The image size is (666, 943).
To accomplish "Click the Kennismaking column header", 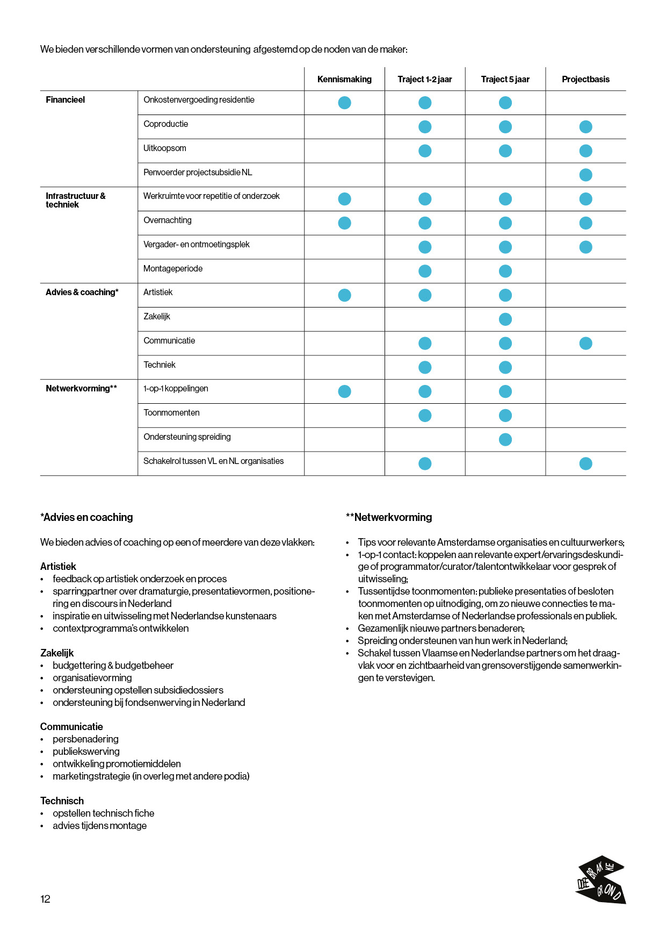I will coord(344,80).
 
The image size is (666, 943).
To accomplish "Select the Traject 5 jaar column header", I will coord(505,80).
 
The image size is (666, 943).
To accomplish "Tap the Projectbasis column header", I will coord(585,80).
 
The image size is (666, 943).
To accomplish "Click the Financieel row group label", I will coord(66,100).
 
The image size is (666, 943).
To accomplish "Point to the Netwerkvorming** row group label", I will coord(81,389).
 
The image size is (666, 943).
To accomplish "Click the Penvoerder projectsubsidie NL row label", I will coord(198,173).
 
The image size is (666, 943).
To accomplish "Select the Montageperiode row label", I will coord(173,269).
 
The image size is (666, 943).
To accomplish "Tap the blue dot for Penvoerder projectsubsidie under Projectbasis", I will coord(585,175).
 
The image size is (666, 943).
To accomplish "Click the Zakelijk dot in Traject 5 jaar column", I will coord(505,319).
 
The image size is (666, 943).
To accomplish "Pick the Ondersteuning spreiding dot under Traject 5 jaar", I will coord(505,440).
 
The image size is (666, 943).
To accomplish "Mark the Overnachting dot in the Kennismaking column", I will coord(344,223).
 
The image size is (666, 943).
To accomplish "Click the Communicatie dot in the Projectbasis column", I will coord(585,344).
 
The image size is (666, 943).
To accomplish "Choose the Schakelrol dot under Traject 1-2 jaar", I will coord(425,463).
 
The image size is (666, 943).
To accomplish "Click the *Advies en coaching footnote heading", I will coord(86,518).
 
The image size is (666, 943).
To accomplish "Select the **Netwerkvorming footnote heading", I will coord(389,518).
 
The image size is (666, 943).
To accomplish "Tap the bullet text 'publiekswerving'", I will coord(86,752).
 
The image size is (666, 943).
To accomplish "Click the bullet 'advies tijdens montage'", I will coord(99,826).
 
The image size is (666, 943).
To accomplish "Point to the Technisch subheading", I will coord(62,801).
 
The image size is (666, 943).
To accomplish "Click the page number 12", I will coord(45,899).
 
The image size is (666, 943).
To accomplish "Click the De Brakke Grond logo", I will coord(600,880).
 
